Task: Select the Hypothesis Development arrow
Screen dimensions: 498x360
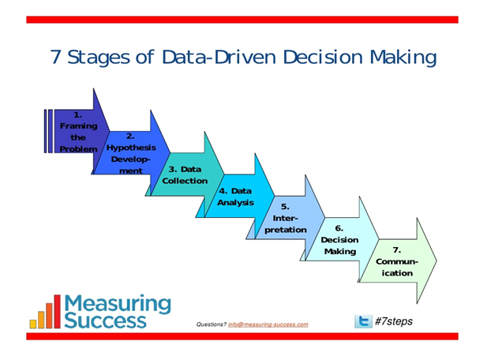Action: (131, 153)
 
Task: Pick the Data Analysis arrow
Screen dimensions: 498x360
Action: (236, 197)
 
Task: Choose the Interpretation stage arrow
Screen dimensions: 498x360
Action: (286, 218)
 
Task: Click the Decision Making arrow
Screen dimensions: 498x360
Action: (340, 239)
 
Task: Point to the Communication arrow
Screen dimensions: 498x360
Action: (397, 261)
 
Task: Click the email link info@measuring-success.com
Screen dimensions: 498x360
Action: (268, 324)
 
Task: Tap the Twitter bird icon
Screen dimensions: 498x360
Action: (363, 321)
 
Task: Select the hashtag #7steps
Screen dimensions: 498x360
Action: (394, 321)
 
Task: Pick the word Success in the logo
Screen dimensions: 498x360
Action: (106, 321)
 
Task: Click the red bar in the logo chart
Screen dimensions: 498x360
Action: (57, 311)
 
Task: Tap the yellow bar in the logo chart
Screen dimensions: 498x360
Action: (33, 324)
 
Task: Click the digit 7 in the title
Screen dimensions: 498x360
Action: (55, 57)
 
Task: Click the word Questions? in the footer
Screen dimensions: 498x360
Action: (212, 324)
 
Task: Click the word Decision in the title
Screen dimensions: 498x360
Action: (323, 57)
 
